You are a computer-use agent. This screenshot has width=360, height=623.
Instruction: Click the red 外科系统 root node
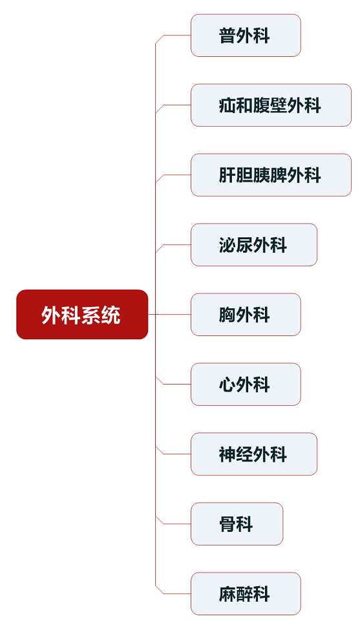82,314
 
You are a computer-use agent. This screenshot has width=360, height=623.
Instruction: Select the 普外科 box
246,36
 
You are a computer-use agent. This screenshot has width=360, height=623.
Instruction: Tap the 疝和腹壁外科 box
271,105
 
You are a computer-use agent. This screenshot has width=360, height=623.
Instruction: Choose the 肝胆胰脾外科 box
271,175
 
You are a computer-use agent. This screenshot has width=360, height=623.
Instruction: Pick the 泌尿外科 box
254,245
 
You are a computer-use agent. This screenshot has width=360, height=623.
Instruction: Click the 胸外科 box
246,315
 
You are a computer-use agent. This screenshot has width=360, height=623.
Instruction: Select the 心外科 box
246,385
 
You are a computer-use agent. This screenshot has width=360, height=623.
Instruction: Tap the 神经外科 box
254,454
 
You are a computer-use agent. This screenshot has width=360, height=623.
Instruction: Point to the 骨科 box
237,523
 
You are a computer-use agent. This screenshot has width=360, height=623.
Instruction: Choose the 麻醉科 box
246,594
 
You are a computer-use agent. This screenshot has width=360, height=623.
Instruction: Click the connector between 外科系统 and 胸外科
170,314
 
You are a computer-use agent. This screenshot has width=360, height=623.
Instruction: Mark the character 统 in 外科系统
111,315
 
